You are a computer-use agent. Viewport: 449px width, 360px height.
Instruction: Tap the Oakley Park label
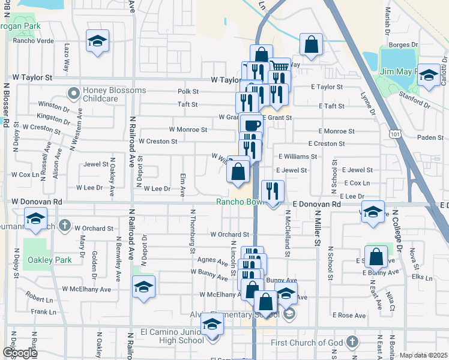pyautogui.click(x=49, y=259)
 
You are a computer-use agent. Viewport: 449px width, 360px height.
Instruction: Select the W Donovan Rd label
pyautogui.click(x=37, y=202)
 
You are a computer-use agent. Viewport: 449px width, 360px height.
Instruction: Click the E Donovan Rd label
pyautogui.click(x=317, y=205)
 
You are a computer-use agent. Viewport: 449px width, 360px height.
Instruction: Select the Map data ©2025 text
pyautogui.click(x=423, y=355)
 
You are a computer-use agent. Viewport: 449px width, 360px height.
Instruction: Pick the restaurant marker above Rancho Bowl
pyautogui.click(x=273, y=191)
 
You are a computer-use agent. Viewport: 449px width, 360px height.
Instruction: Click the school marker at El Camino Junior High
pyautogui.click(x=212, y=325)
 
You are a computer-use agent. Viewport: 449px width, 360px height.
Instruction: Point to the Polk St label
pyautogui.click(x=188, y=91)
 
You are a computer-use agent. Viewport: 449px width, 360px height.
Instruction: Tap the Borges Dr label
pyautogui.click(x=403, y=44)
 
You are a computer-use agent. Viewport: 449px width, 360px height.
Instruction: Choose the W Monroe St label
pyautogui.click(x=188, y=129)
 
